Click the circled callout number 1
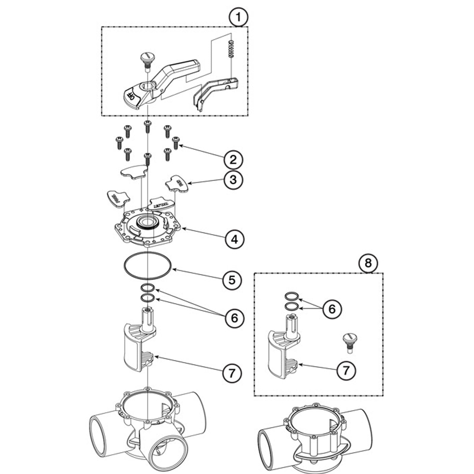(x=238, y=17)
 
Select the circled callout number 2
(x=233, y=160)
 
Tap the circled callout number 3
(x=233, y=179)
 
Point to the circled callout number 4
(x=234, y=239)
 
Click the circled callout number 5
(x=232, y=280)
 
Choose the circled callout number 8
(x=368, y=263)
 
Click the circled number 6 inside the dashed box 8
(x=332, y=309)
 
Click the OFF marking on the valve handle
(x=131, y=96)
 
